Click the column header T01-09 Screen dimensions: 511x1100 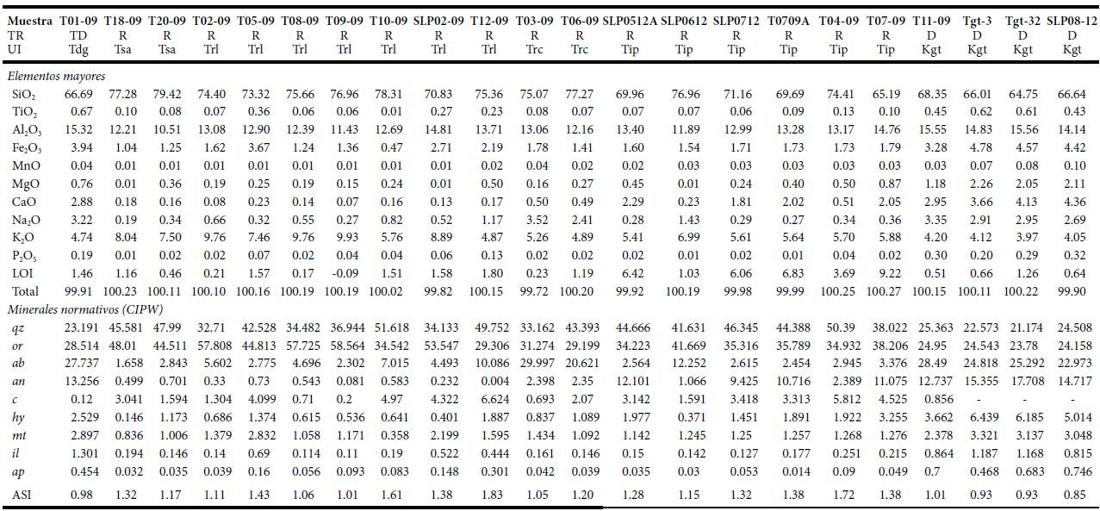(78, 20)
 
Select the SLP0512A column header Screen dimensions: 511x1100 (631, 20)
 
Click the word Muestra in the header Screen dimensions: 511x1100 (29, 20)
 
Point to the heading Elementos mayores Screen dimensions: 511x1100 (56, 76)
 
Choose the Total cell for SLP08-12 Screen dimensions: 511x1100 (1072, 291)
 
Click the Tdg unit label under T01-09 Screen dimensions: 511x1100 (78, 49)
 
